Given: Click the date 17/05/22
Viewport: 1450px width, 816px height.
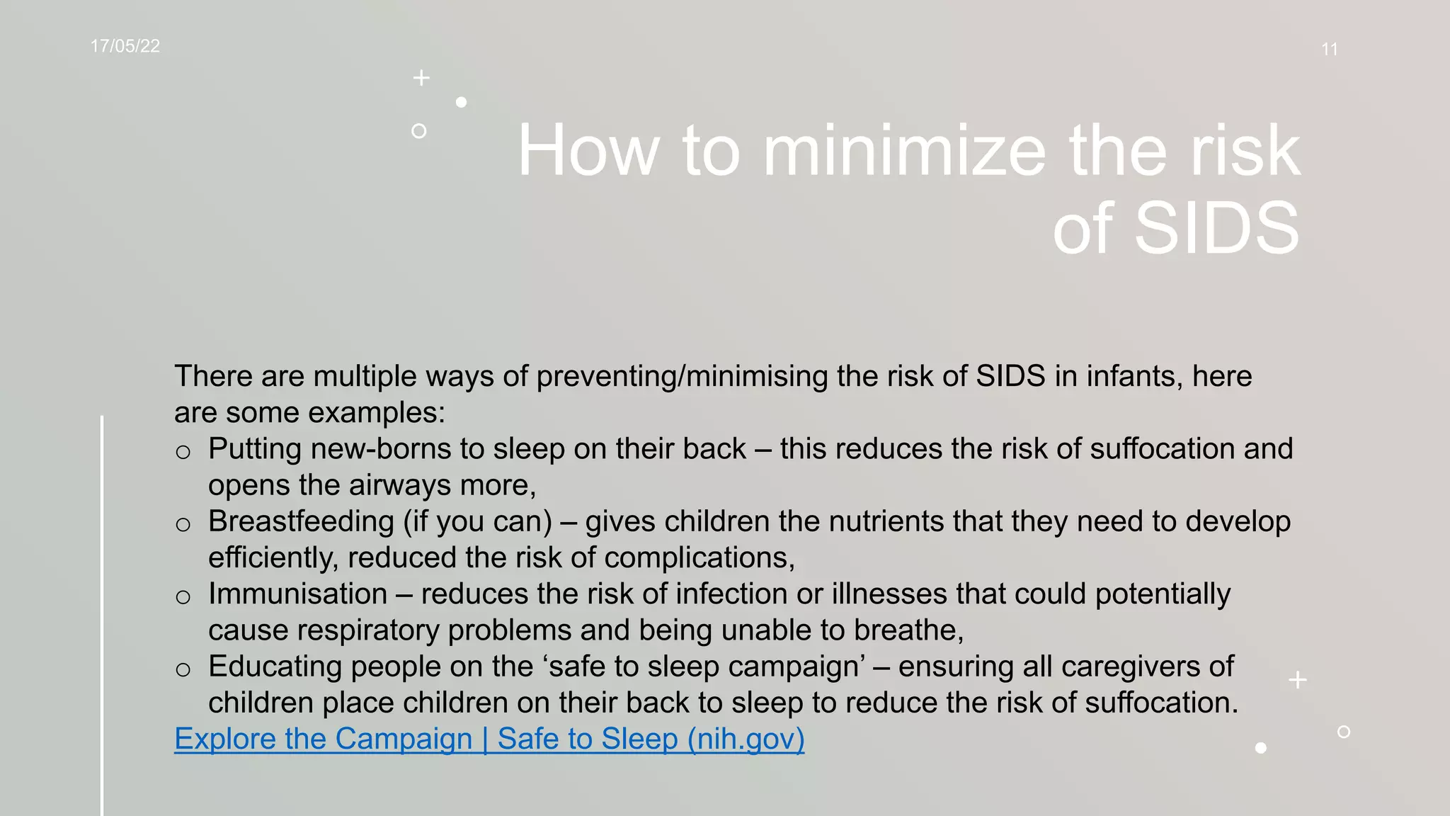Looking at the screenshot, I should [125, 47].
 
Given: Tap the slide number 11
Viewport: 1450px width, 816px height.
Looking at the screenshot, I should [1329, 50].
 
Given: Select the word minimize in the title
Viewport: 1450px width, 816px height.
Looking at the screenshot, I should [904, 150].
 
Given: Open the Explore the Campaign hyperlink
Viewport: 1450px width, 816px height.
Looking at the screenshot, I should [489, 739].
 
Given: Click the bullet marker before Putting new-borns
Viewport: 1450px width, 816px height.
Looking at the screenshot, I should [183, 452].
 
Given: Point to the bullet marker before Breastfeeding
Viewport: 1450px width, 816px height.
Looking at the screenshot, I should [183, 524].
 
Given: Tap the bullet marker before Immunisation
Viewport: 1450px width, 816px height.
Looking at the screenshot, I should [183, 597].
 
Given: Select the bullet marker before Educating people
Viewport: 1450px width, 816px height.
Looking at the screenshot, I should [183, 669].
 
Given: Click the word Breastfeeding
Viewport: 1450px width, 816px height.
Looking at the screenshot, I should [301, 521].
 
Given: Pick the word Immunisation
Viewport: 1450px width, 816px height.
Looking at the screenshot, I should [297, 594].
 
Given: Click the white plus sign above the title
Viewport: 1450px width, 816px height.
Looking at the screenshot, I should [421, 78].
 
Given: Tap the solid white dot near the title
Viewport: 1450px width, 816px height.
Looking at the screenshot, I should [462, 102].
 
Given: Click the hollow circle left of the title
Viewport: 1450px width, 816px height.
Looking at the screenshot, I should [419, 131].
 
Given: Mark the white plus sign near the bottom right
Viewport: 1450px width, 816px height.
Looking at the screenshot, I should [1298, 680].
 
